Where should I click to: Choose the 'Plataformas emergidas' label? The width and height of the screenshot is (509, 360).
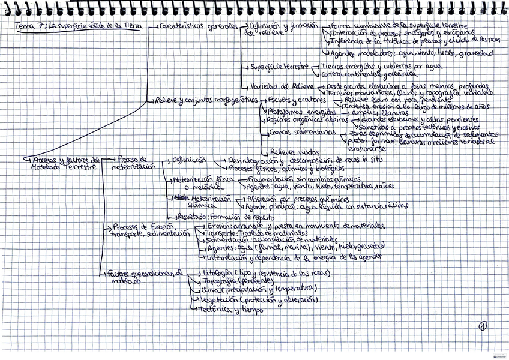[294, 112]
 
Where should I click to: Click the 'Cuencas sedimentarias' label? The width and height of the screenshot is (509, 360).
[295, 133]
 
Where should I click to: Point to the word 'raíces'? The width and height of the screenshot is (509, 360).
[383, 187]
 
